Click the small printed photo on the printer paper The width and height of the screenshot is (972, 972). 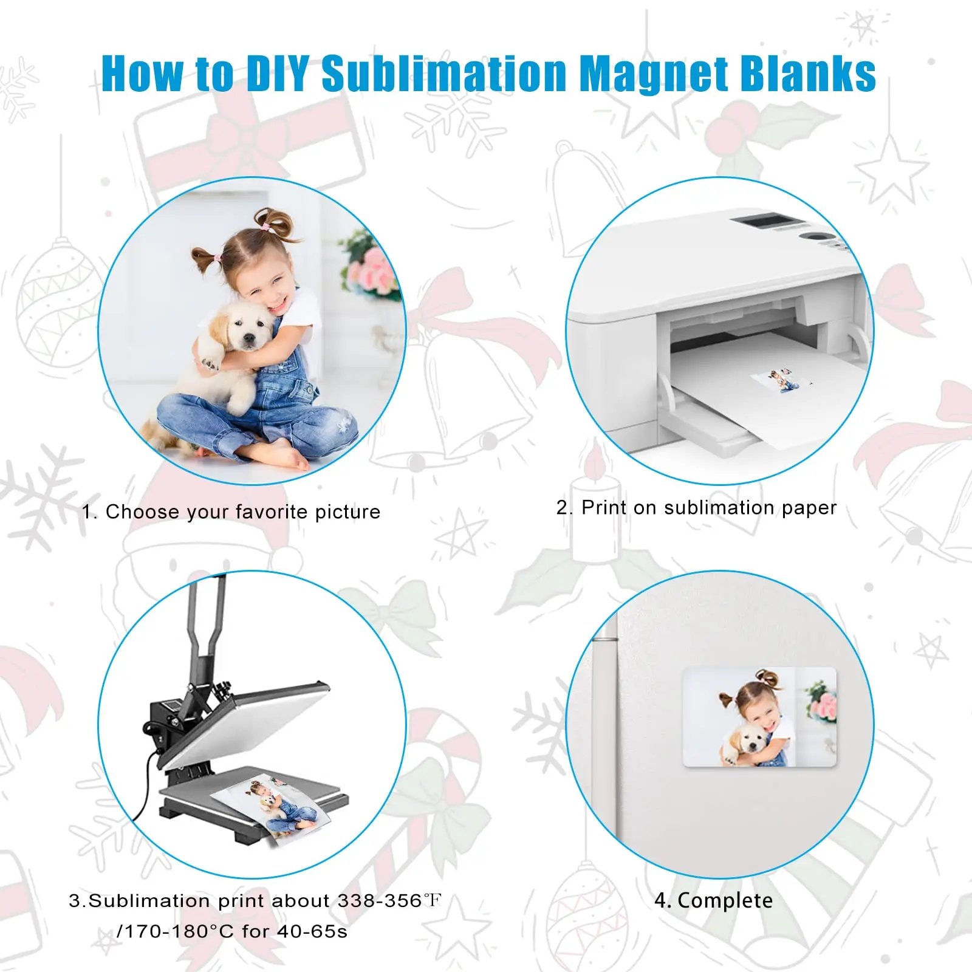click(x=781, y=381)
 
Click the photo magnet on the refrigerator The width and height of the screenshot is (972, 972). click(x=760, y=717)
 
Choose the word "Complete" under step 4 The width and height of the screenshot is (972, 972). click(x=725, y=900)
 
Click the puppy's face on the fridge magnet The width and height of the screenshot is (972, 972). click(x=744, y=741)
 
